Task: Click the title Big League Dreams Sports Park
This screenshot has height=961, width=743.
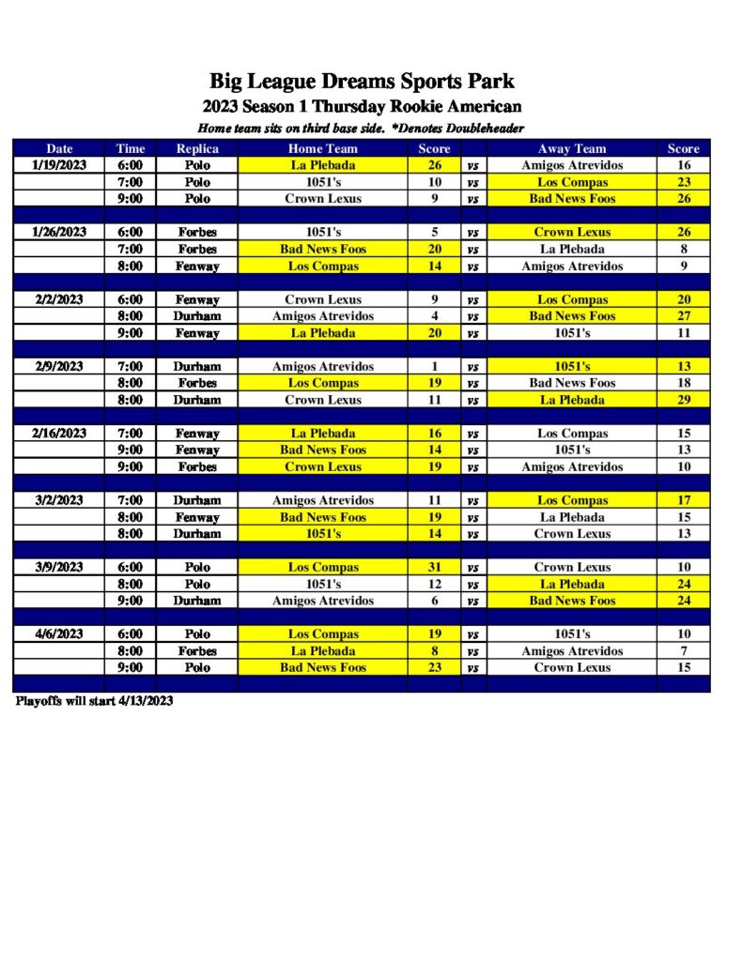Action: [x=362, y=81]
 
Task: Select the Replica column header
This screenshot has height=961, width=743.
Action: [x=197, y=148]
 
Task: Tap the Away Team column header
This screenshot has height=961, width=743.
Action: [x=572, y=148]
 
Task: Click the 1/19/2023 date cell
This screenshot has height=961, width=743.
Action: [x=59, y=165]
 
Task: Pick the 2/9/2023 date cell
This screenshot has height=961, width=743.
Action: [x=59, y=366]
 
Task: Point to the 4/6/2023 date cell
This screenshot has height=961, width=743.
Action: [x=59, y=633]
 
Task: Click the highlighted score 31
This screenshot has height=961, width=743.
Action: [x=434, y=567]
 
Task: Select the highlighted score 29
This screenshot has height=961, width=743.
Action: [x=684, y=400]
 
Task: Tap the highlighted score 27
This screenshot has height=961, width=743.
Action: [x=684, y=316]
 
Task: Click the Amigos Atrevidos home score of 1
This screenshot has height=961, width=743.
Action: [x=434, y=366]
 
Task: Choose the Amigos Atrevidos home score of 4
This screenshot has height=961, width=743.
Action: [x=434, y=316]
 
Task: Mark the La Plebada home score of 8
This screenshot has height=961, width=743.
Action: [x=434, y=650]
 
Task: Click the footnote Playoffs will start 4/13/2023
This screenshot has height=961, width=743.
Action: [x=94, y=701]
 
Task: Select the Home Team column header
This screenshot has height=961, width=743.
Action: [x=323, y=148]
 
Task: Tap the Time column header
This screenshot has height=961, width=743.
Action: [x=131, y=148]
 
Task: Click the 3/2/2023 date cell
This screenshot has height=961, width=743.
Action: [x=59, y=500]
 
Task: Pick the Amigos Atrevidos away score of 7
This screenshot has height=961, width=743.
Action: [x=684, y=650]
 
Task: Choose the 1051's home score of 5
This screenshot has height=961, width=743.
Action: [x=434, y=232]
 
